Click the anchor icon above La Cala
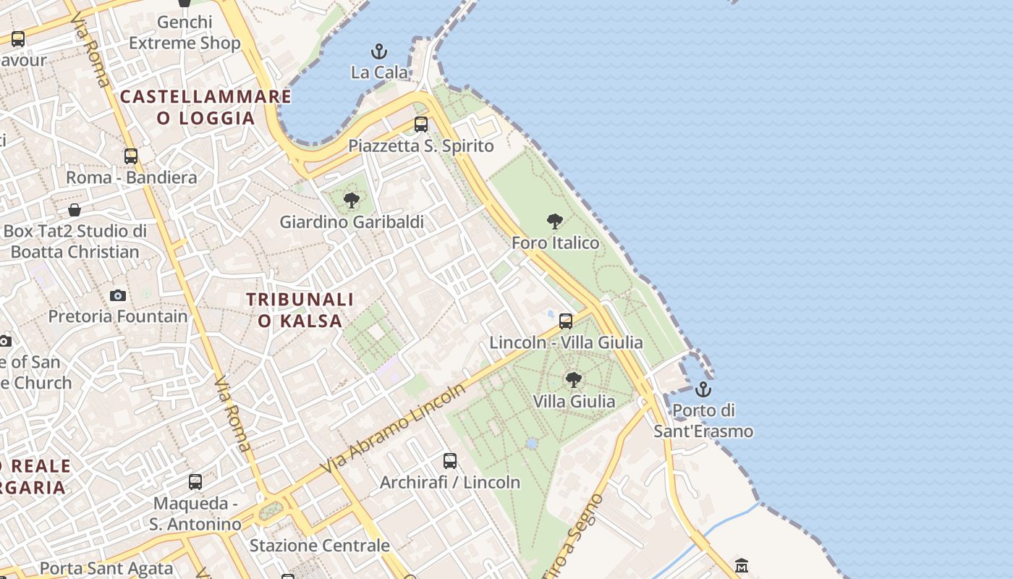(378, 51)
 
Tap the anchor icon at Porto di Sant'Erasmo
(703, 390)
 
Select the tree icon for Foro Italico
(555, 221)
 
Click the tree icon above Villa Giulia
(574, 379)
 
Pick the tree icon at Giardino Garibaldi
(352, 200)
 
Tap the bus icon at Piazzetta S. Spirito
(421, 124)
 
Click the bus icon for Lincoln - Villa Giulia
(566, 321)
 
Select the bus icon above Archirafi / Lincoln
(450, 460)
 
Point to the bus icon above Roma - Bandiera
(131, 156)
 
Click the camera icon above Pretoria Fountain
(118, 295)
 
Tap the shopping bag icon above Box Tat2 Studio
(75, 210)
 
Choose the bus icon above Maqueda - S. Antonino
(195, 481)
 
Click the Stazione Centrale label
(319, 545)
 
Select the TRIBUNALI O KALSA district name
(300, 310)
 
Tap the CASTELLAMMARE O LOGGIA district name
(205, 107)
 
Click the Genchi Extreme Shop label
(185, 33)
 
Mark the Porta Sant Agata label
(106, 569)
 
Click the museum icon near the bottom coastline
(741, 565)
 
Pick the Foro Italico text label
(555, 242)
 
